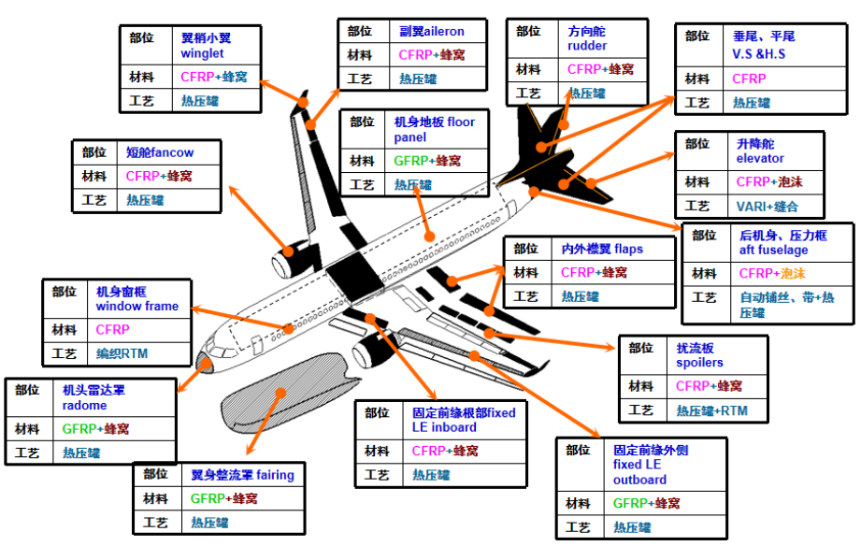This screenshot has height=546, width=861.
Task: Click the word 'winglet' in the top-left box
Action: click(202, 53)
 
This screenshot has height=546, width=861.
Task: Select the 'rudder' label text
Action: click(587, 46)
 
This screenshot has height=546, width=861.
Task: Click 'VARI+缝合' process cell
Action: click(767, 207)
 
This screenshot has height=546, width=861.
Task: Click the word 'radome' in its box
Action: click(84, 406)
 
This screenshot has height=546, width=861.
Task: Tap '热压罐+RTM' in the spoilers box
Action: click(711, 410)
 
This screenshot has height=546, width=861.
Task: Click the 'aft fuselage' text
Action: click(773, 251)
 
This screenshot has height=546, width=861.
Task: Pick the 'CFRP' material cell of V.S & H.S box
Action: click(749, 79)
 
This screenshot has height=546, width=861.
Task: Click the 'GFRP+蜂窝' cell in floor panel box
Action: click(427, 161)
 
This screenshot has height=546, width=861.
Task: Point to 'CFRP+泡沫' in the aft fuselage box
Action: click(771, 274)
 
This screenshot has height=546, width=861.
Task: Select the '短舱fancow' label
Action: click(160, 151)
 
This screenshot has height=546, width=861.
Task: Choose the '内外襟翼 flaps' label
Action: click(602, 249)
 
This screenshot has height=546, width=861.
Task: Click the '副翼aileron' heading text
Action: click(431, 31)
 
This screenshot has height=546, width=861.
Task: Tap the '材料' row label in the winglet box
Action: click(142, 77)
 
